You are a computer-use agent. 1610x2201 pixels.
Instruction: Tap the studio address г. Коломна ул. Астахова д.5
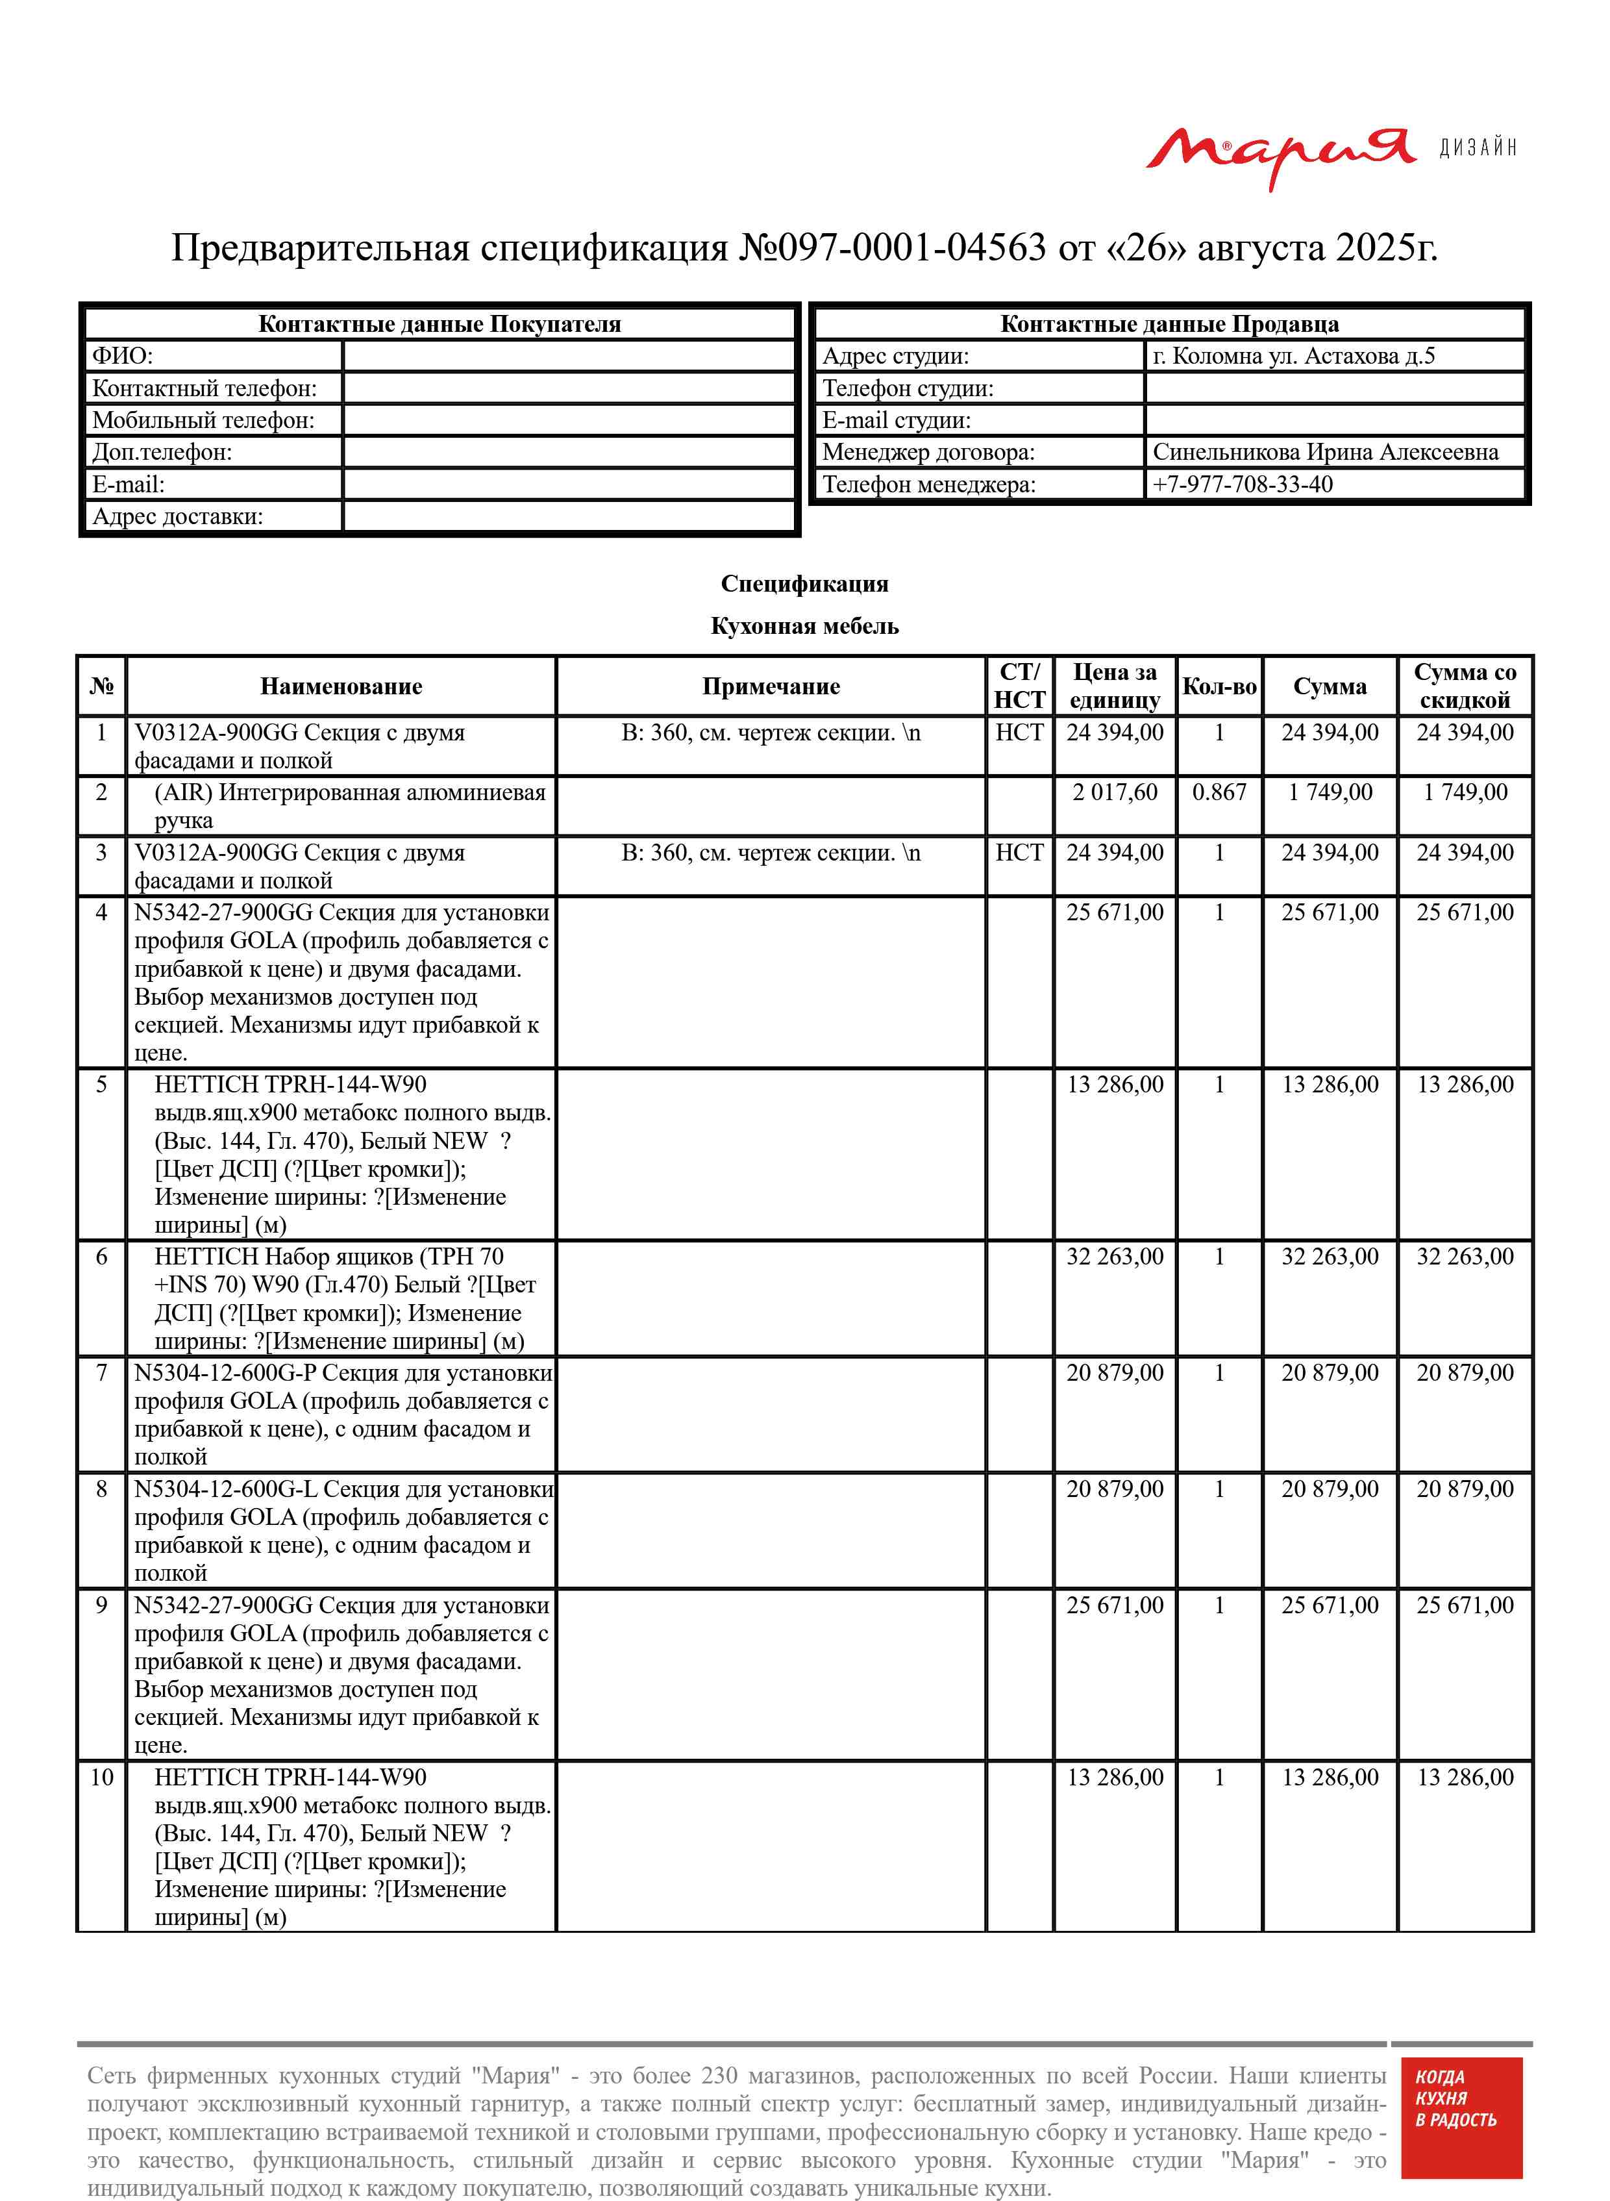click(x=1293, y=356)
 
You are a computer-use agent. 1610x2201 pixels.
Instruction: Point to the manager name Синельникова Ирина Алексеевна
click(x=1324, y=452)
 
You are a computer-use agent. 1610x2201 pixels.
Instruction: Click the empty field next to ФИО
click(x=569, y=356)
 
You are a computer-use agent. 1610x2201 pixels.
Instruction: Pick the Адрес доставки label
click(x=177, y=516)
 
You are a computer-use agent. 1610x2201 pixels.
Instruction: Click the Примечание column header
click(x=771, y=686)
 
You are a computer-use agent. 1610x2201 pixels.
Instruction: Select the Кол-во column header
click(x=1219, y=686)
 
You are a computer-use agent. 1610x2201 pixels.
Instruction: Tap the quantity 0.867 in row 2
click(x=1219, y=792)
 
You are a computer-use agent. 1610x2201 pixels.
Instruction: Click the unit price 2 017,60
click(x=1115, y=792)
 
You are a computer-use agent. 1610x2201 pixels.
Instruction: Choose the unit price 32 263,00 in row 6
click(x=1115, y=1257)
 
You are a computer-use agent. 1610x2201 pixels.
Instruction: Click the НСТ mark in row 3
click(x=1019, y=853)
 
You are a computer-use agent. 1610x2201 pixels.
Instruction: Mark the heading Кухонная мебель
click(x=804, y=626)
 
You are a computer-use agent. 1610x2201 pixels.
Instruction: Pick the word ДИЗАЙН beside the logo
click(x=1478, y=148)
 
